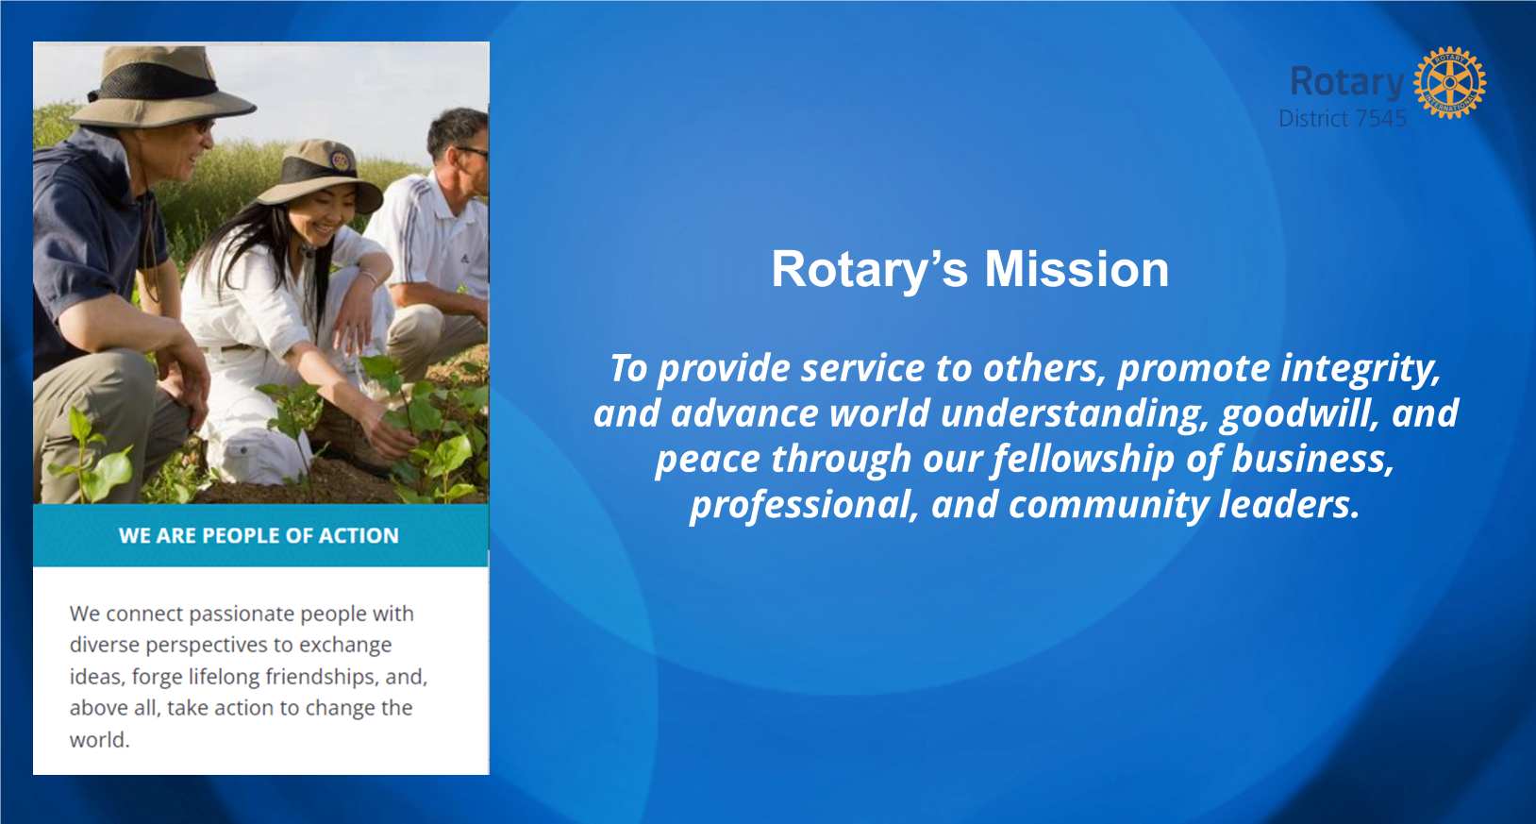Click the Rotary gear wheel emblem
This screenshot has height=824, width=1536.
point(1449,82)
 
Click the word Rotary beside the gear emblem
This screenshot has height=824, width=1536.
point(1347,82)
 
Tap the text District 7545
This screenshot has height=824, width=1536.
point(1343,119)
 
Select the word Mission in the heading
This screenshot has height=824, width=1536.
point(1077,269)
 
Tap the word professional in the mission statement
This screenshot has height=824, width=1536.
point(803,506)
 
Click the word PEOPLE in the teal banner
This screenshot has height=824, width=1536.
point(240,536)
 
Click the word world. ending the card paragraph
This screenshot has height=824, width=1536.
point(99,740)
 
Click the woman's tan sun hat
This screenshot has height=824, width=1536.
point(320,175)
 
